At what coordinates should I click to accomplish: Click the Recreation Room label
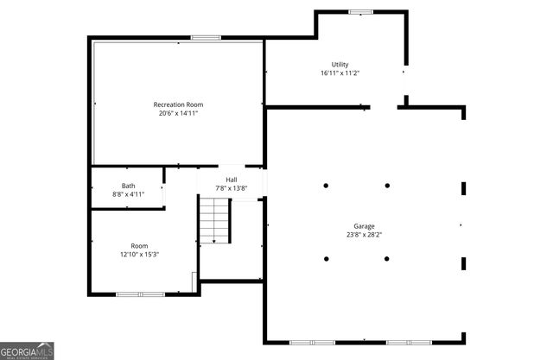[x=179, y=104]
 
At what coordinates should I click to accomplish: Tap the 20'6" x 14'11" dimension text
[x=179, y=113]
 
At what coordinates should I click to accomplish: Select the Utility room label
[x=340, y=65]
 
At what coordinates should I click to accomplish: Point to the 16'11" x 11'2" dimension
[x=340, y=73]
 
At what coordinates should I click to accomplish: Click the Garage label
[x=364, y=226]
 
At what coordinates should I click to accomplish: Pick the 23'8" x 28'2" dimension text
[x=364, y=234]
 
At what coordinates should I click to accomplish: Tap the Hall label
[x=232, y=180]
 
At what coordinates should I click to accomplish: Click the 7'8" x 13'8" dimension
[x=232, y=188]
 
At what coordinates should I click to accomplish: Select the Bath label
[x=128, y=186]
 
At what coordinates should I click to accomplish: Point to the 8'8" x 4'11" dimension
[x=128, y=194]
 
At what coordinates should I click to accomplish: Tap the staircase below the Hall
[x=217, y=219]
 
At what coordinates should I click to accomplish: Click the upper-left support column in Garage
[x=327, y=185]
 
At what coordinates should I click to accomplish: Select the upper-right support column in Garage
[x=387, y=185]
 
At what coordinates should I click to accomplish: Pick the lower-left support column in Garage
[x=327, y=258]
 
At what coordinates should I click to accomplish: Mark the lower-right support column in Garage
[x=387, y=258]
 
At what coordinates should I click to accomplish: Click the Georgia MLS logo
[x=28, y=351]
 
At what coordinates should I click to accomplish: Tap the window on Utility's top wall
[x=360, y=11]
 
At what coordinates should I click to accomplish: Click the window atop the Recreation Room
[x=205, y=36]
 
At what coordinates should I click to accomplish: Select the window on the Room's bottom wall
[x=140, y=294]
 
